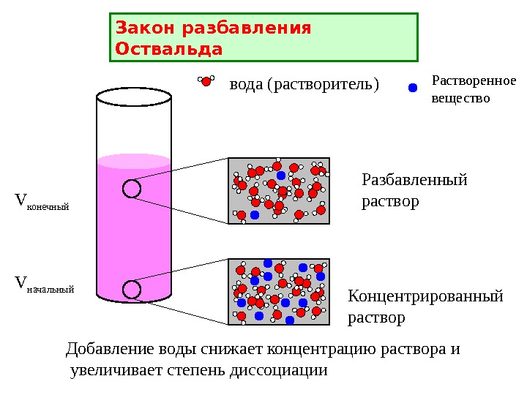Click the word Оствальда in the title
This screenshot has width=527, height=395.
tap(168, 50)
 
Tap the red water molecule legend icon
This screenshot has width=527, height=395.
tap(206, 81)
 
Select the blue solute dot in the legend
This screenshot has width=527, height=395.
tap(412, 88)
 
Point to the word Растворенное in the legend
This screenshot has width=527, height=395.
tap(474, 80)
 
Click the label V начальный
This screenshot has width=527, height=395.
tap(45, 282)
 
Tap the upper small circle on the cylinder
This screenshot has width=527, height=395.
tap(132, 189)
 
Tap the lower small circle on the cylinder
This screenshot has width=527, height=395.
tap(132, 290)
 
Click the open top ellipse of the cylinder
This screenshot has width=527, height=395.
tap(135, 96)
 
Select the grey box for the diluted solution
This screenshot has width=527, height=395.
tap(279, 191)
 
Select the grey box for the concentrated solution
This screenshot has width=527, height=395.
tap(279, 291)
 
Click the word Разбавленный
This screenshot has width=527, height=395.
tap(414, 180)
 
